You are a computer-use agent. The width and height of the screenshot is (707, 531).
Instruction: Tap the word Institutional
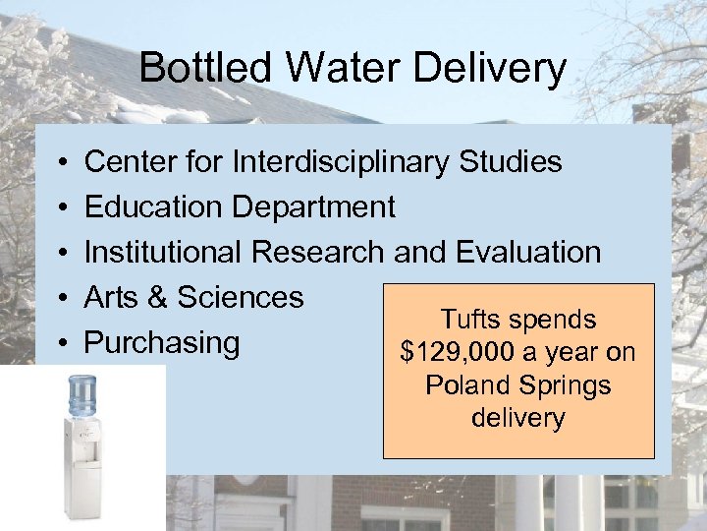coord(164,252)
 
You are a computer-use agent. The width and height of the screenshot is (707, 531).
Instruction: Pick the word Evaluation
coord(528,252)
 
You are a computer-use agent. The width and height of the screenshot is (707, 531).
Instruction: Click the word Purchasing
coord(162,343)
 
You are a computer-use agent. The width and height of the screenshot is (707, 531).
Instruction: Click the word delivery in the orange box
coord(517,417)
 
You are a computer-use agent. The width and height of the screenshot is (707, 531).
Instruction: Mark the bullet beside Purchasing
coord(61,343)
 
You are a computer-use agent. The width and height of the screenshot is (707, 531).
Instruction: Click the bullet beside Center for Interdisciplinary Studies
coord(61,161)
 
